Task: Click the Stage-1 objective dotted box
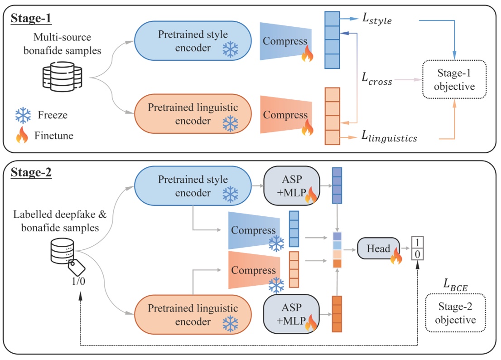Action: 454,79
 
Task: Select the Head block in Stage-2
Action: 378,249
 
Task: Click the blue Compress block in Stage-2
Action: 254,230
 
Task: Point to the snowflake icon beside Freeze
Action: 22,115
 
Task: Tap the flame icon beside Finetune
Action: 22,136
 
